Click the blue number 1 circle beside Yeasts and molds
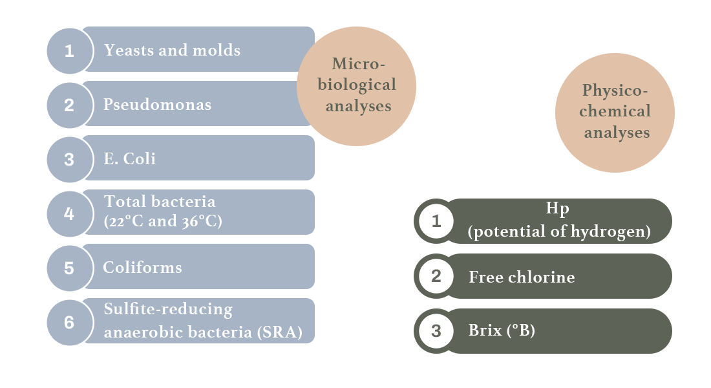click(69, 50)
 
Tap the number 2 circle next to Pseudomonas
click(69, 105)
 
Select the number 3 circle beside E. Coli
click(69, 159)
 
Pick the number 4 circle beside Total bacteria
click(69, 213)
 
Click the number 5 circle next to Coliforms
click(69, 268)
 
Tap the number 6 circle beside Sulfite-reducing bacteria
click(69, 322)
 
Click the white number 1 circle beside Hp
click(436, 221)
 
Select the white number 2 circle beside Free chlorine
click(436, 277)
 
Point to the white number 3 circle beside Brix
click(436, 331)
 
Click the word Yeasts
click(125, 50)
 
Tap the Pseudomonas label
click(157, 105)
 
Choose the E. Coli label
click(129, 159)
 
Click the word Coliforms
click(142, 268)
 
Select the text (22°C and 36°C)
click(163, 221)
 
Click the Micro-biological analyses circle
click(356, 85)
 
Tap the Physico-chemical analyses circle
click(615, 113)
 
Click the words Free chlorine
click(522, 277)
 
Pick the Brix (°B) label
click(501, 331)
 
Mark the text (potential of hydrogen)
click(559, 232)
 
